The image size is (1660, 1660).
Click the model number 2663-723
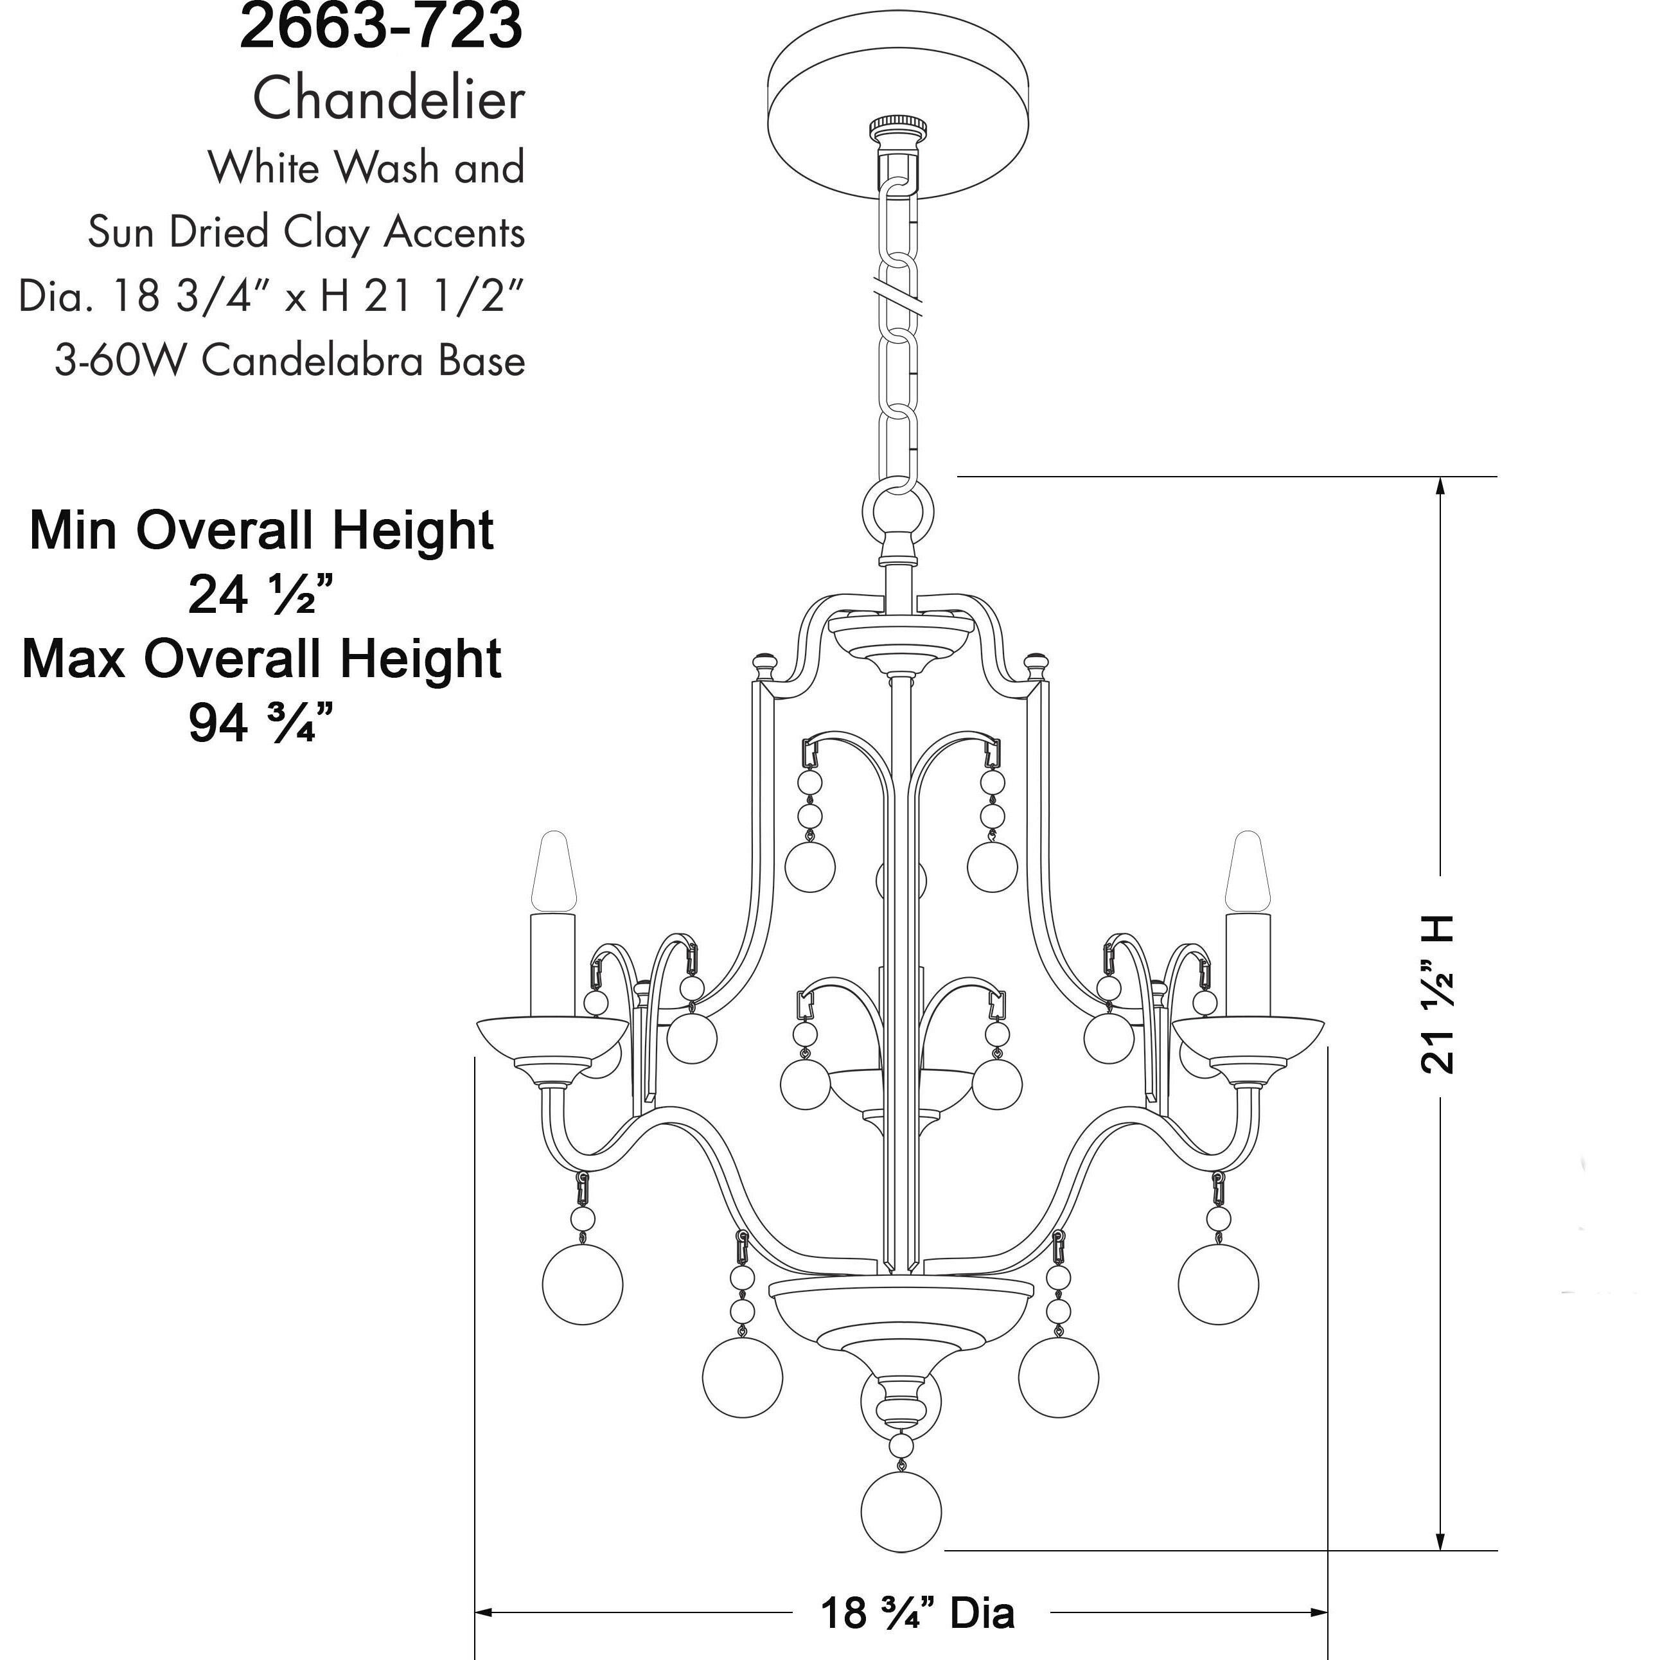point(381,26)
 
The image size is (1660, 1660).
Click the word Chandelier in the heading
point(389,99)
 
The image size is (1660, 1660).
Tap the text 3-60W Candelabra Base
point(290,361)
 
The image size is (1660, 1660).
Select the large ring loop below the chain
point(898,512)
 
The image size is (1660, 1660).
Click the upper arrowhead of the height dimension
point(1441,486)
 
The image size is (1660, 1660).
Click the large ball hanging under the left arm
point(583,1284)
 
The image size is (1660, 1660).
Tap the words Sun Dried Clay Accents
point(306,232)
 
